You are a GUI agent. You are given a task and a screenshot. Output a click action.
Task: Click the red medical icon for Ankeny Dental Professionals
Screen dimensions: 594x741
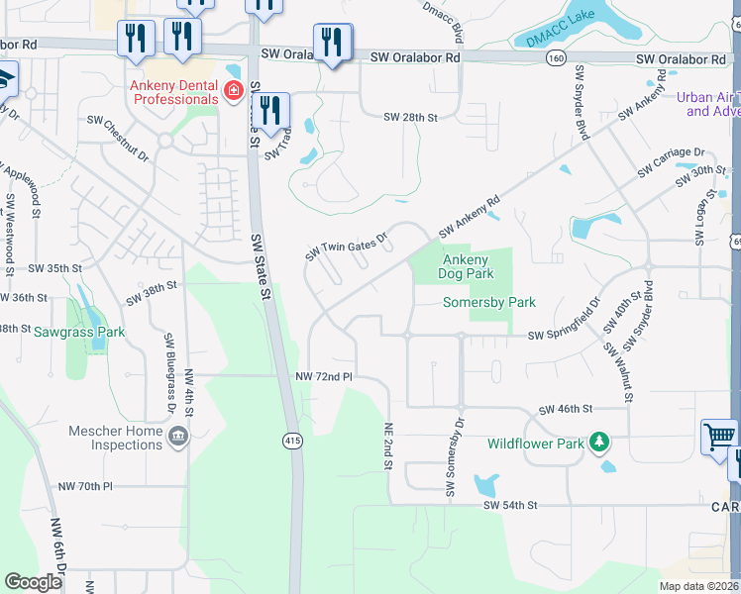click(x=234, y=92)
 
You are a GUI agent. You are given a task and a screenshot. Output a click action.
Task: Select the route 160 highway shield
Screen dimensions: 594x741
click(x=557, y=58)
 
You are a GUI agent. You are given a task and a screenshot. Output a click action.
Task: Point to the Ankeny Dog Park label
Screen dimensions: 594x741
click(x=466, y=266)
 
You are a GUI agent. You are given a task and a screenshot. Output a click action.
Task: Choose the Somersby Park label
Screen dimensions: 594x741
click(x=489, y=302)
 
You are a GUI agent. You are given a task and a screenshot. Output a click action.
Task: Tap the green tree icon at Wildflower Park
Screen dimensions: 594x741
click(x=598, y=442)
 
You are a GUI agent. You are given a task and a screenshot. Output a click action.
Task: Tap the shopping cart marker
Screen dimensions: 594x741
click(x=718, y=436)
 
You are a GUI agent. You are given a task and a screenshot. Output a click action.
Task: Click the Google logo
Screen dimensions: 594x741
click(x=33, y=582)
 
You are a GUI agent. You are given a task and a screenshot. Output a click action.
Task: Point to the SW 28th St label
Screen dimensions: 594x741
click(x=411, y=117)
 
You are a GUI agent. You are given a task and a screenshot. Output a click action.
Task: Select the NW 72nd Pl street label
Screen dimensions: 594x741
click(x=324, y=377)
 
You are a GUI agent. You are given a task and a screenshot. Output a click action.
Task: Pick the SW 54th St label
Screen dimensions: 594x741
click(x=510, y=505)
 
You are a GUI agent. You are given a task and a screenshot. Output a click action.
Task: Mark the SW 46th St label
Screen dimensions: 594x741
click(x=565, y=408)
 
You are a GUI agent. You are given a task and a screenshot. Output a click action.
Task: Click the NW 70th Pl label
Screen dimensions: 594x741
click(x=86, y=486)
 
